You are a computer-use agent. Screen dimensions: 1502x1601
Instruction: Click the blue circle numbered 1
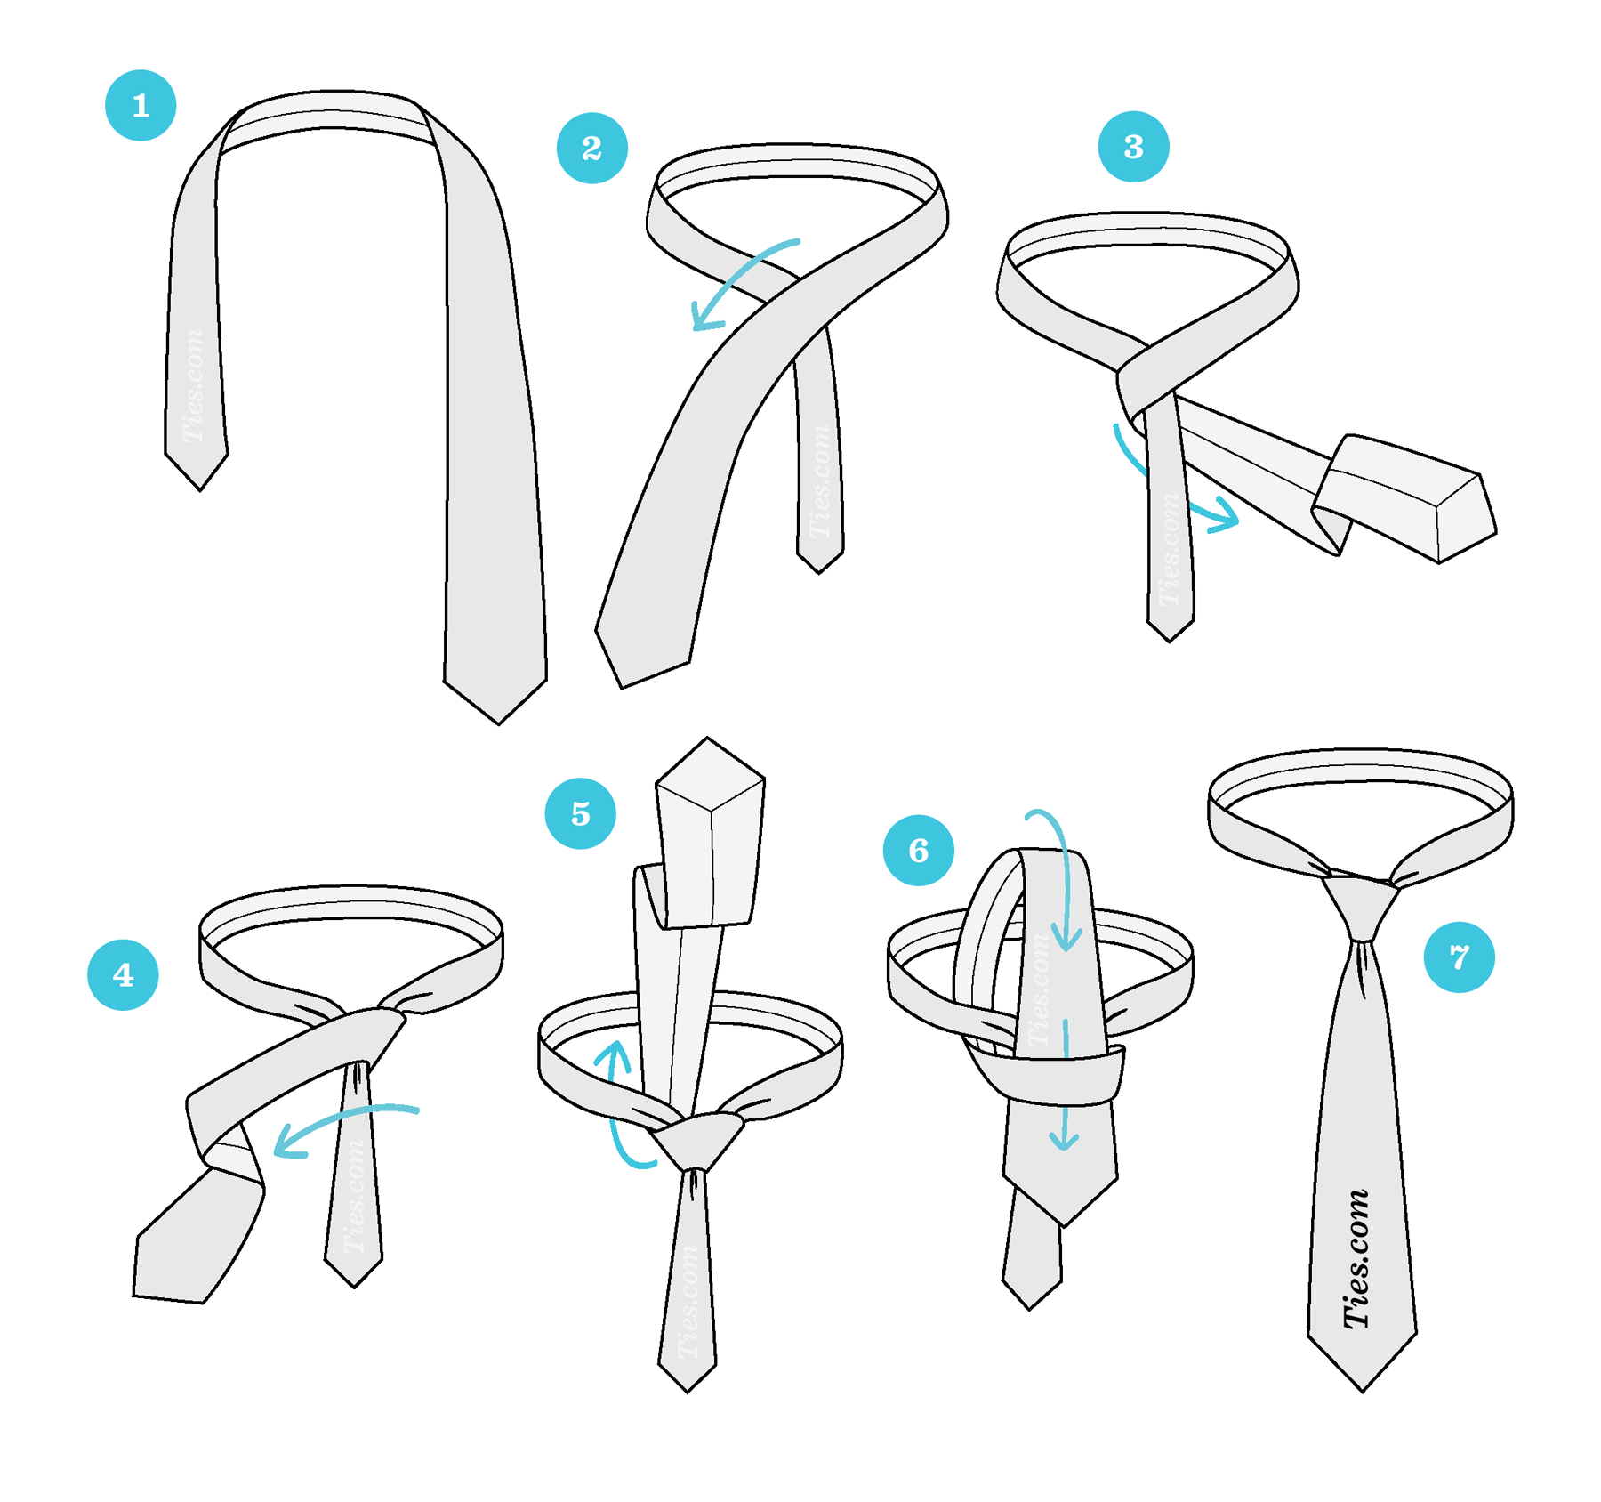coord(141,105)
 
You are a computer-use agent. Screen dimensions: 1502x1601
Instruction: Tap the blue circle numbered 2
coord(591,148)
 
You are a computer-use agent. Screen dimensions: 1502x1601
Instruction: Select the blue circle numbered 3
coord(1133,147)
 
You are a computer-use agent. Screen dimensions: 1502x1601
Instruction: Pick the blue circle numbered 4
coord(123,974)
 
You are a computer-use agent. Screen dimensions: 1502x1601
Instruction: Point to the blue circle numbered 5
coord(580,813)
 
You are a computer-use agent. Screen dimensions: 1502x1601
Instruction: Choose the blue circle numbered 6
coord(918,850)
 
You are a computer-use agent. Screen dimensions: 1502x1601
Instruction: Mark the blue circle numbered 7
coord(1459,957)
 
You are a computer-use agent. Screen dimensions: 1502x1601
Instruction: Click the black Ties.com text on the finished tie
coord(1357,1259)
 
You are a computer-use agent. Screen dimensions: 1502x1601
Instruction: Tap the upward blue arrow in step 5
coord(617,1103)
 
